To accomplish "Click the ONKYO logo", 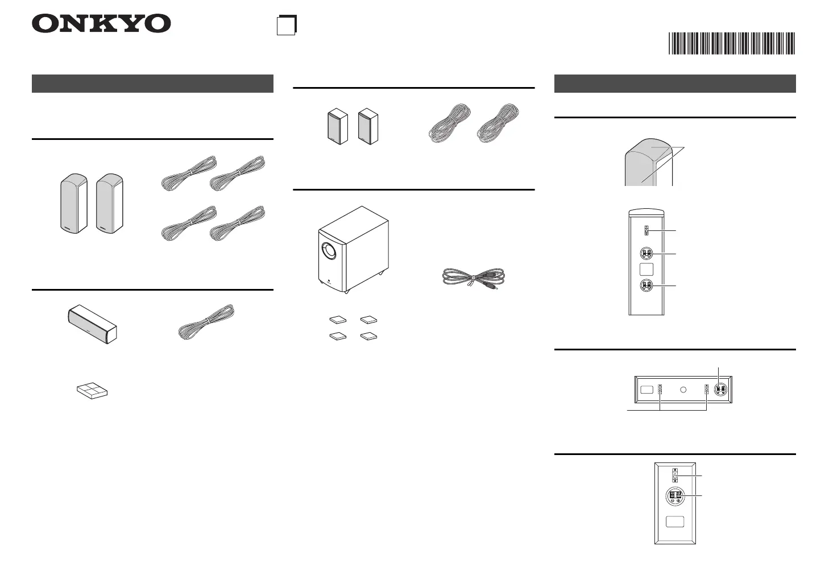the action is pyautogui.click(x=101, y=24).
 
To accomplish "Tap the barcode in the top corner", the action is pyautogui.click(x=731, y=44).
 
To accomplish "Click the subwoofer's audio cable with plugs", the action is pyautogui.click(x=474, y=279).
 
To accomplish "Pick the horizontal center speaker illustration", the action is pyautogui.click(x=92, y=324).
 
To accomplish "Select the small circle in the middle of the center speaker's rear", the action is pyautogui.click(x=683, y=390).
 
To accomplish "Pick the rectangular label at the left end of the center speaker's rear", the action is pyautogui.click(x=646, y=390).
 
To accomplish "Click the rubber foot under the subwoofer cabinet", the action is pyautogui.click(x=346, y=292).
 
